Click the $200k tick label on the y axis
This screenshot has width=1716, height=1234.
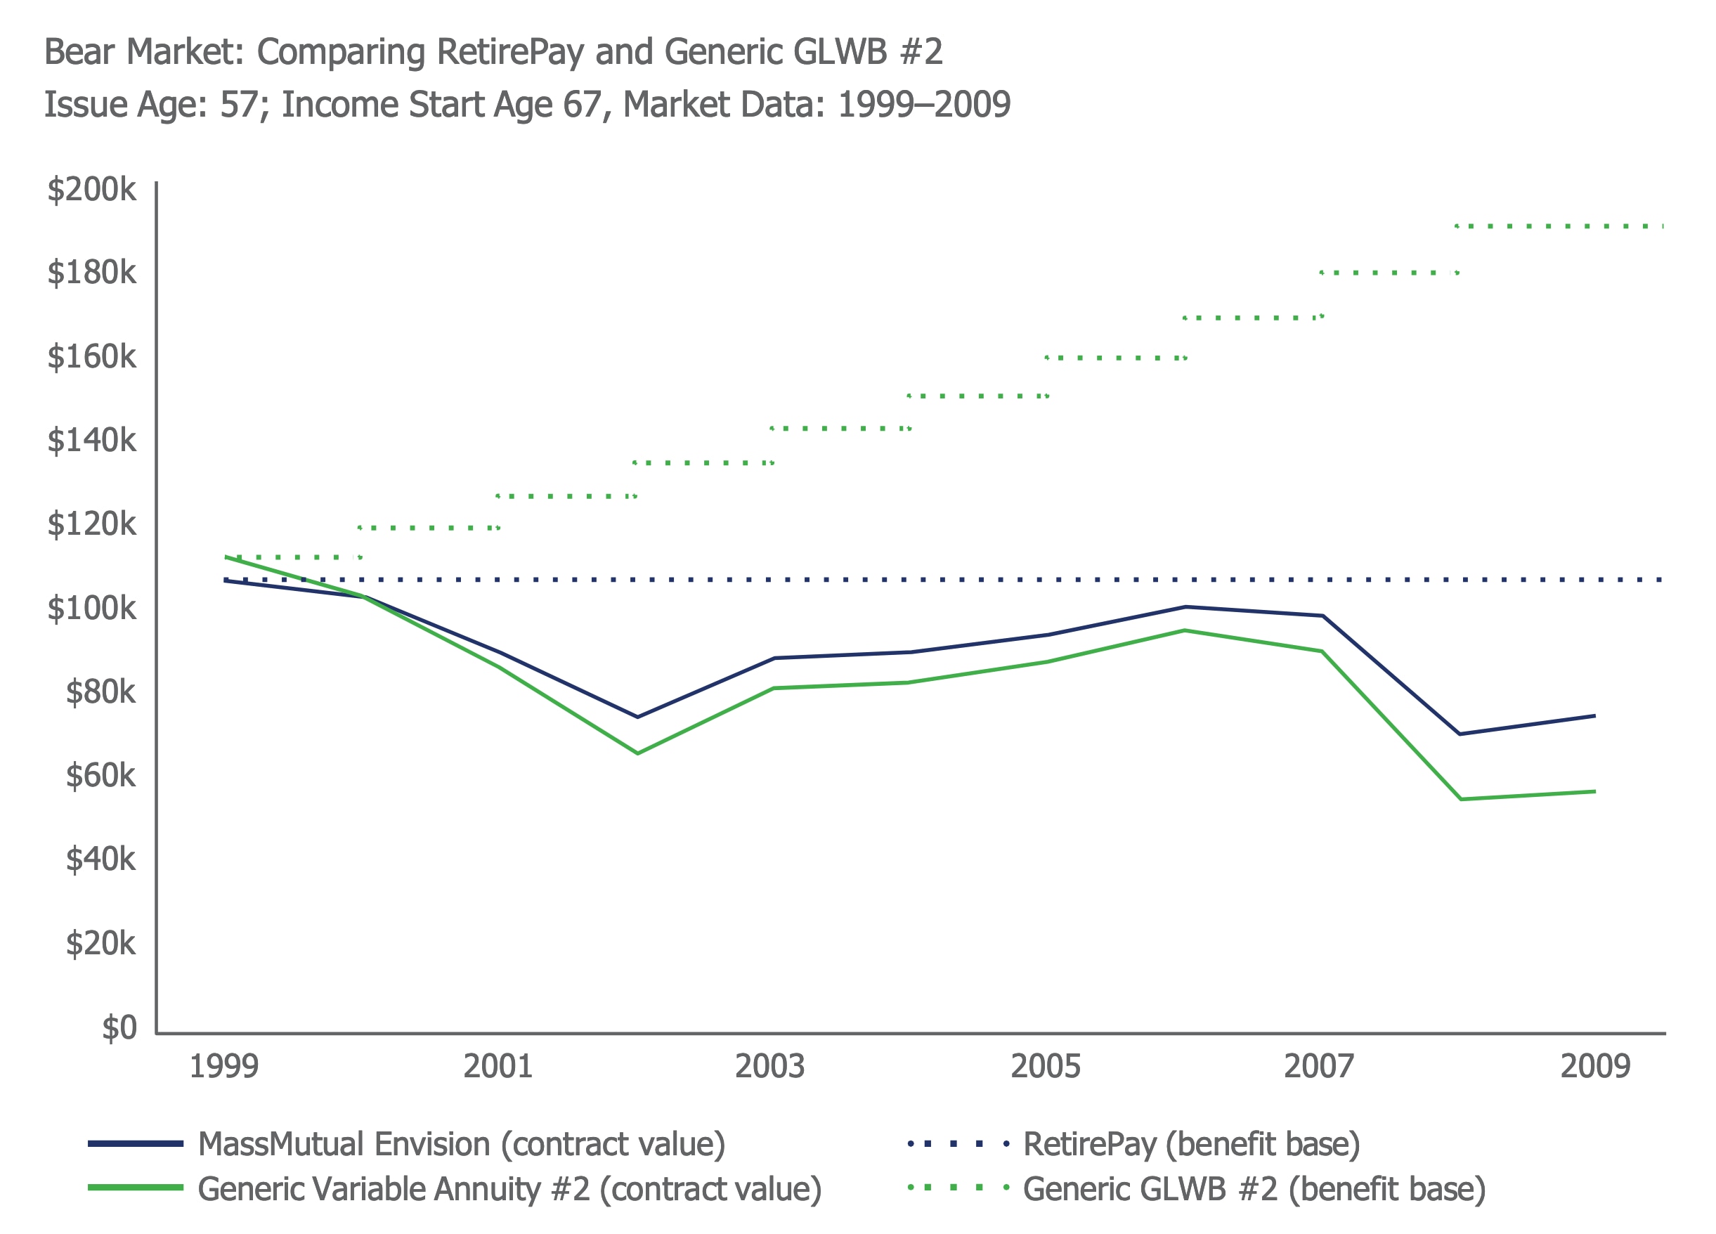pyautogui.click(x=91, y=189)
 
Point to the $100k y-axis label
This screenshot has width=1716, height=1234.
pyautogui.click(x=91, y=609)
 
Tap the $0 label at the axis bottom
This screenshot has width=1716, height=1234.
pyautogui.click(x=119, y=1027)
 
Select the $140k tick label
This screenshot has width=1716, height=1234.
pyautogui.click(x=91, y=441)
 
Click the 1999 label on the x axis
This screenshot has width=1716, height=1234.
pyautogui.click(x=223, y=1067)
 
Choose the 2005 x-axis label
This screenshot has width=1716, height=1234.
pyautogui.click(x=1046, y=1067)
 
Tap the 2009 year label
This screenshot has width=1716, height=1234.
pyautogui.click(x=1595, y=1067)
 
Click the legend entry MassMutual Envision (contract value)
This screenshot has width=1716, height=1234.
pyautogui.click(x=461, y=1144)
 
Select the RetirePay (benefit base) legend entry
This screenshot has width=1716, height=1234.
pyautogui.click(x=1191, y=1144)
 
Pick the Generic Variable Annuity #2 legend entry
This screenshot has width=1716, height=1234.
pyautogui.click(x=509, y=1188)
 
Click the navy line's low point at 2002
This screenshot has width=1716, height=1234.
pyautogui.click(x=637, y=717)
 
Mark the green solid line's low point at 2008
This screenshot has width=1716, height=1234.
pyautogui.click(x=1460, y=799)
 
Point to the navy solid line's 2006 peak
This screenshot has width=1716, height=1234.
pyautogui.click(x=1185, y=606)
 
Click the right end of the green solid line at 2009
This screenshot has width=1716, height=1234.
pyautogui.click(x=1594, y=791)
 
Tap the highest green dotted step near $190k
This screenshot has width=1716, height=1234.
pyautogui.click(x=1559, y=226)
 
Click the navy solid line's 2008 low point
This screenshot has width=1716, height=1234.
pyautogui.click(x=1460, y=734)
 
